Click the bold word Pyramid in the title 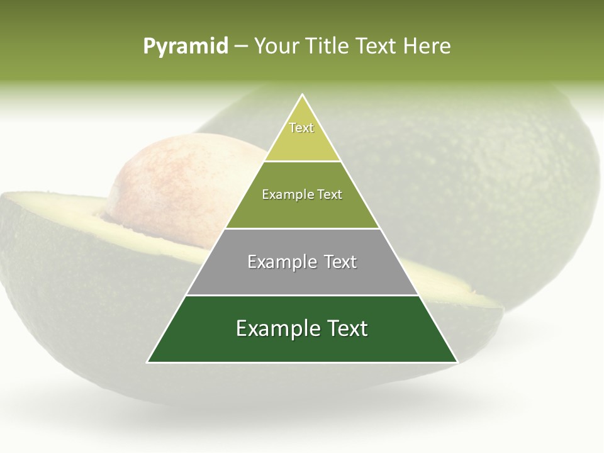pyautogui.click(x=186, y=47)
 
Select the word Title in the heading pyautogui.click(x=327, y=47)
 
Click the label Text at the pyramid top pyautogui.click(x=301, y=128)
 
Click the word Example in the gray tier pyautogui.click(x=281, y=262)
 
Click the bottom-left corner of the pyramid pyautogui.click(x=148, y=362)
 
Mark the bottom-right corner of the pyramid pyautogui.click(x=457, y=362)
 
